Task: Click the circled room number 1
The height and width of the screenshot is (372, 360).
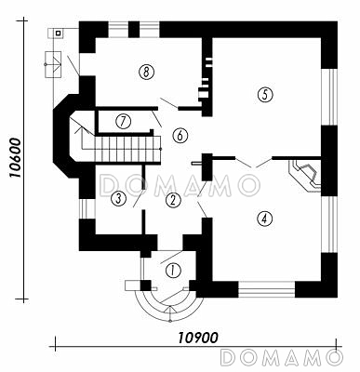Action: point(173,271)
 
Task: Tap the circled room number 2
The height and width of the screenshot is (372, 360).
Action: point(173,200)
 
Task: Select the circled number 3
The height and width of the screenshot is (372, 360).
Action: point(118,198)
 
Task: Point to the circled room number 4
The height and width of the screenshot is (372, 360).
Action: point(264,219)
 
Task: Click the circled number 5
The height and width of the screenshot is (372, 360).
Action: point(265,95)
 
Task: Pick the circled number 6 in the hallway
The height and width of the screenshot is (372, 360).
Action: point(180,135)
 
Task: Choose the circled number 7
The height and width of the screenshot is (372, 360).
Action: point(124,121)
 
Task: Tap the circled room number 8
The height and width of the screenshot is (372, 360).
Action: point(146,73)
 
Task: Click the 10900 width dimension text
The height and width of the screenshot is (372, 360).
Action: point(198,338)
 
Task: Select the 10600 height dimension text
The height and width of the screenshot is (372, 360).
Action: point(15,158)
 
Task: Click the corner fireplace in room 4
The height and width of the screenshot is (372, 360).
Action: point(305,176)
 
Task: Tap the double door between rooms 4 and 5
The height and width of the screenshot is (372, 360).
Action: point(254,162)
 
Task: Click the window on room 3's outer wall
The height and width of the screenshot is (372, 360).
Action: point(87,208)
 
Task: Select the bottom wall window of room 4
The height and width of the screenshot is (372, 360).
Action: point(266,289)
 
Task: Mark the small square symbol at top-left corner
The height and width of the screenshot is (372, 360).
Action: point(58,32)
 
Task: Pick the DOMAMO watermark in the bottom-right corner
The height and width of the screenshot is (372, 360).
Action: point(282,357)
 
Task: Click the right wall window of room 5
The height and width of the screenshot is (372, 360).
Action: point(328,97)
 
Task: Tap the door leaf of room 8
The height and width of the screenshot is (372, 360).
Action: point(168,102)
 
